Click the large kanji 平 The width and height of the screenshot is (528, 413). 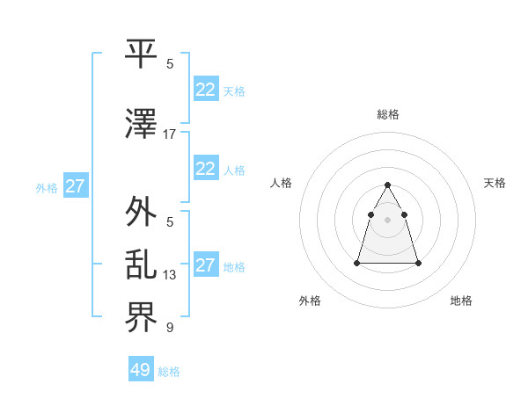pos(142,54)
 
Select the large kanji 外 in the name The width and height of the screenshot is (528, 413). pos(142,212)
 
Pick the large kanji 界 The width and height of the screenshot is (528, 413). pos(142,319)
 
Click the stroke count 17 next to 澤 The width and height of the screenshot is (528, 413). pos(170,134)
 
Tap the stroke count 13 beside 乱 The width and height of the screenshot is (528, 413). pos(170,275)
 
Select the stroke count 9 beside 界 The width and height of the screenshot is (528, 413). pos(170,329)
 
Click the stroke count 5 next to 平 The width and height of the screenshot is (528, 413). pos(170,64)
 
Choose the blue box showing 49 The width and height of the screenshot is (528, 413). pos(141,370)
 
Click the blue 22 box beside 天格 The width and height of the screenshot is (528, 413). pos(205,89)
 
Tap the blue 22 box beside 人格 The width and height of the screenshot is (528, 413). pos(205,169)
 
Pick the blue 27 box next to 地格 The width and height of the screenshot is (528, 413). pos(205,265)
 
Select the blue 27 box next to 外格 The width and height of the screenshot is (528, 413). pos(75,186)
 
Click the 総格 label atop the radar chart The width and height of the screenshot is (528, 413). pos(388,114)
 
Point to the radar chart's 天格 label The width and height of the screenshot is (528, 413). pos(495,183)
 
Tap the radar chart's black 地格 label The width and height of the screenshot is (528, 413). pos(461,301)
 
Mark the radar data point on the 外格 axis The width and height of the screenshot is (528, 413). pos(357,263)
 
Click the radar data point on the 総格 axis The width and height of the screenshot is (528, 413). pos(388,185)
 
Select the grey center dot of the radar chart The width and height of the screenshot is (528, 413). pos(388,220)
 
